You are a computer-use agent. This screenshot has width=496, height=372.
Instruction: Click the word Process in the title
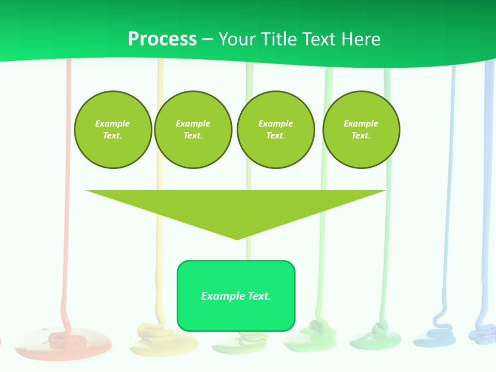[x=162, y=39]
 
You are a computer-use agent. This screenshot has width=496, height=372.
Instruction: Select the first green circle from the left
[x=113, y=130]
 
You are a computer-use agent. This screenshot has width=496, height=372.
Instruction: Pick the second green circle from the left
[x=193, y=130]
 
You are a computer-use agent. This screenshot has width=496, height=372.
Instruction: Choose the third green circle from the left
[x=276, y=130]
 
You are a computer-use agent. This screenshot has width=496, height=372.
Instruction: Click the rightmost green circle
[x=361, y=130]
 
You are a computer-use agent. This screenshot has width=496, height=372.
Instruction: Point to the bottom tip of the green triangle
[x=237, y=239]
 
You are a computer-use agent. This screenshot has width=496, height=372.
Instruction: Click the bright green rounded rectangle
[x=236, y=310]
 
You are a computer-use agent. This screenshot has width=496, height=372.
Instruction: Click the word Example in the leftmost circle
[x=113, y=123]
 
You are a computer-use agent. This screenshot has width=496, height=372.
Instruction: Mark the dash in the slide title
[x=207, y=40]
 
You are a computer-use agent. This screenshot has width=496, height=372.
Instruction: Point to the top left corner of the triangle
[x=87, y=191]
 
